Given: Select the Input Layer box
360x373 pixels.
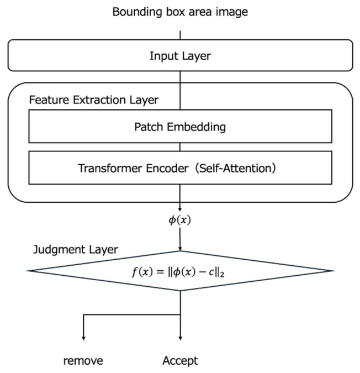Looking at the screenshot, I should pyautogui.click(x=180, y=55).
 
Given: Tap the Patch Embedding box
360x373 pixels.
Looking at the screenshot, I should pyautogui.click(x=180, y=127).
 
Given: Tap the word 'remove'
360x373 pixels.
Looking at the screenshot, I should pyautogui.click(x=83, y=361).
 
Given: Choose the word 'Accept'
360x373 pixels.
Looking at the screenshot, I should pyautogui.click(x=180, y=361).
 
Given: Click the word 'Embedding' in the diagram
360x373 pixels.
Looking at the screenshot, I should pyautogui.click(x=199, y=127).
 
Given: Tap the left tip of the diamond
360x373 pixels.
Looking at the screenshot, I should pyautogui.click(x=28, y=271).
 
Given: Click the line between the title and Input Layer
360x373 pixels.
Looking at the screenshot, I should pyautogui.click(x=181, y=34).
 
